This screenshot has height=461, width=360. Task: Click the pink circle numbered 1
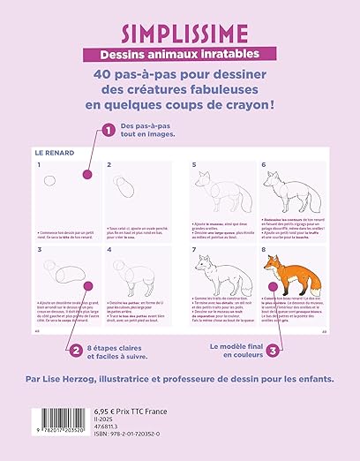(x=108, y=130)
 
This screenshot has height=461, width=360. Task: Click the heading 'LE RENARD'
(x=56, y=152)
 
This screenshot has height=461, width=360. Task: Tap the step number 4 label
(x=109, y=249)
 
